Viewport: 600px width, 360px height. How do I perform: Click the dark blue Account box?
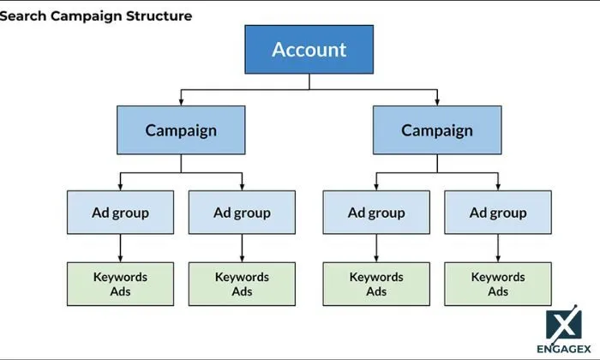point(309,50)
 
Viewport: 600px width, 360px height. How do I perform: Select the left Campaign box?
point(181,130)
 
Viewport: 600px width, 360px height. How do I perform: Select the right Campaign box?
point(436,130)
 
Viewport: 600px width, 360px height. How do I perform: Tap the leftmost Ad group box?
point(120,213)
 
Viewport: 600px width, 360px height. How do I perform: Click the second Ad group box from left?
point(242,213)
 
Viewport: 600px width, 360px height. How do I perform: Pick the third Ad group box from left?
point(375,213)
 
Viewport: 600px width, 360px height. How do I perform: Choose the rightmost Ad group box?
point(498,213)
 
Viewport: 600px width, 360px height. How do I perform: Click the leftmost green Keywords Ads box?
point(120,284)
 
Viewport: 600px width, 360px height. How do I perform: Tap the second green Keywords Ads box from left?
point(242,284)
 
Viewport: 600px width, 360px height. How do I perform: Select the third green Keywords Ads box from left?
point(375,284)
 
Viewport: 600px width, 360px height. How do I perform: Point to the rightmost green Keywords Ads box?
point(498,284)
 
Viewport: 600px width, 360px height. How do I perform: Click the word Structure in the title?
point(161,16)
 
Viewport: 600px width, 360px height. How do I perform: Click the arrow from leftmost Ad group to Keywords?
point(120,248)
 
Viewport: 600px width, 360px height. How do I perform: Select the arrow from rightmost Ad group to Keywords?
point(498,248)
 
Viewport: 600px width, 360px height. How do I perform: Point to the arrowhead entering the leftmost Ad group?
point(120,186)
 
